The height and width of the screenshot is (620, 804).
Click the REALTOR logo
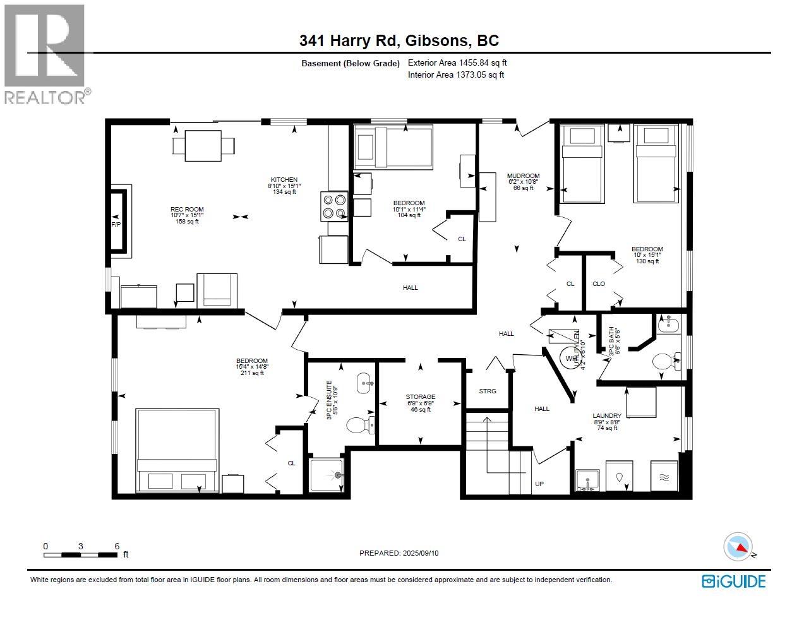tap(45, 53)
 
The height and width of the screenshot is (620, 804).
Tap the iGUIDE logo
tap(734, 581)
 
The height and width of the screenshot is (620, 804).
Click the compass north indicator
tap(738, 547)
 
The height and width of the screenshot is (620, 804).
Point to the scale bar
tap(80, 555)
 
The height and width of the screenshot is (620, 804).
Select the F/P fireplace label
tap(116, 224)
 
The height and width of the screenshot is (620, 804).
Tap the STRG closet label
tap(488, 391)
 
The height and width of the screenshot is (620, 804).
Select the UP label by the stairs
tap(539, 484)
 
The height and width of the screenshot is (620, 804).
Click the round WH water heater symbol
tap(571, 358)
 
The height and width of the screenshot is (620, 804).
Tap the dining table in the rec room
tap(203, 146)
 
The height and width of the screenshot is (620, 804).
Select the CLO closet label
tap(599, 284)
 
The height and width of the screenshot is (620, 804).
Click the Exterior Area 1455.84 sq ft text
tap(457, 63)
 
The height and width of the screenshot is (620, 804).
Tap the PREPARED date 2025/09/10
tap(399, 553)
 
